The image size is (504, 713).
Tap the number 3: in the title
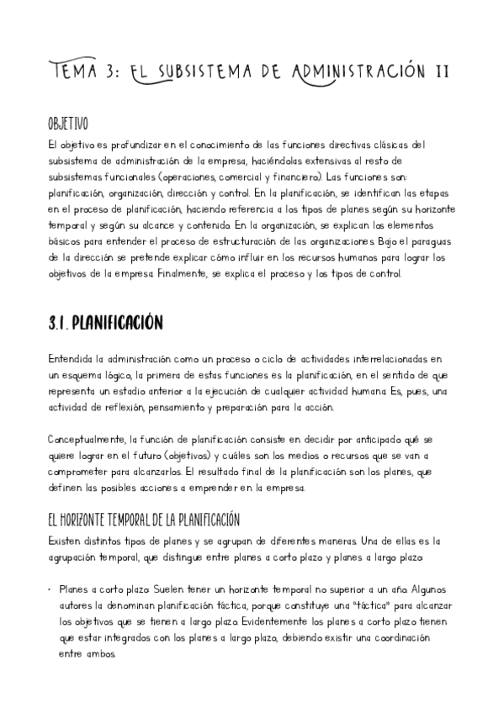pyautogui.click(x=113, y=71)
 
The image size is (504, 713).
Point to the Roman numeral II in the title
pyautogui.click(x=439, y=71)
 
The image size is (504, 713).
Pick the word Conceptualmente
pyautogui.click(x=87, y=440)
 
